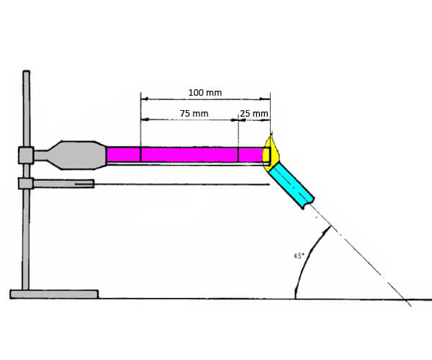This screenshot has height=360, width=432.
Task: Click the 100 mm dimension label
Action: [x=204, y=92]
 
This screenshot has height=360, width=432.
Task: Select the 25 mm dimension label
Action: [x=254, y=113]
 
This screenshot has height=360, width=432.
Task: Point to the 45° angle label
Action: [x=299, y=256]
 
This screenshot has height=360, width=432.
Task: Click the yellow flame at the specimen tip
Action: [x=273, y=151]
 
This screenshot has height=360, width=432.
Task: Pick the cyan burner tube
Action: [x=292, y=184]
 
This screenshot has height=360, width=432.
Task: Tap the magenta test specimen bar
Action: [x=187, y=155]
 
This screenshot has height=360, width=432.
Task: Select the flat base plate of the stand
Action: [x=54, y=294]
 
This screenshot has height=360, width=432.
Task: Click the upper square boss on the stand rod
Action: [x=26, y=155]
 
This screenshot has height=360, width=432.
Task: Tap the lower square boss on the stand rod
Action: [x=26, y=184]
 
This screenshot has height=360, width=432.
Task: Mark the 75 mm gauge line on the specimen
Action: [x=140, y=155]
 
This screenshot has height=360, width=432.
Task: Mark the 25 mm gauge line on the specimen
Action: [x=238, y=155]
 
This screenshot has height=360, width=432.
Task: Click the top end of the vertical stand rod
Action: [x=26, y=72]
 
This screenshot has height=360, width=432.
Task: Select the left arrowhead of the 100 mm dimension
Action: [x=143, y=99]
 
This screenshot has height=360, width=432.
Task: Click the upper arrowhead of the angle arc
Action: [x=329, y=228]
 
